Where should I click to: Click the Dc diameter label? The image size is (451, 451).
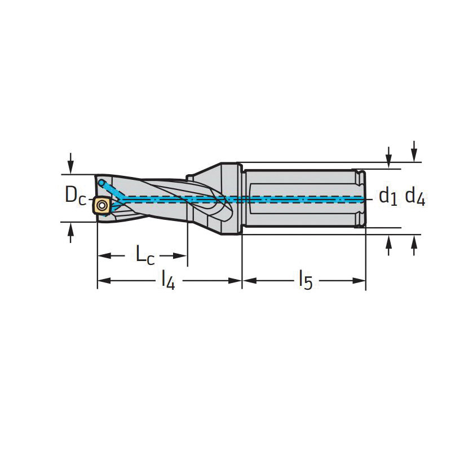(76, 196)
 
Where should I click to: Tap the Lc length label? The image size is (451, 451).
(145, 255)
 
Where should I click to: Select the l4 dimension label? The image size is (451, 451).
(168, 280)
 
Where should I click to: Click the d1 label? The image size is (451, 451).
(388, 197)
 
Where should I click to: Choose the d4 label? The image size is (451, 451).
(415, 197)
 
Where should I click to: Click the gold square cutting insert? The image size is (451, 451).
(101, 205)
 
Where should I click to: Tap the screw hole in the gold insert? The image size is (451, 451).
(101, 205)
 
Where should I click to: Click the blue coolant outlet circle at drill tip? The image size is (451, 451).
(101, 183)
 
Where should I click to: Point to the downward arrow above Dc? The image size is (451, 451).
(70, 163)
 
